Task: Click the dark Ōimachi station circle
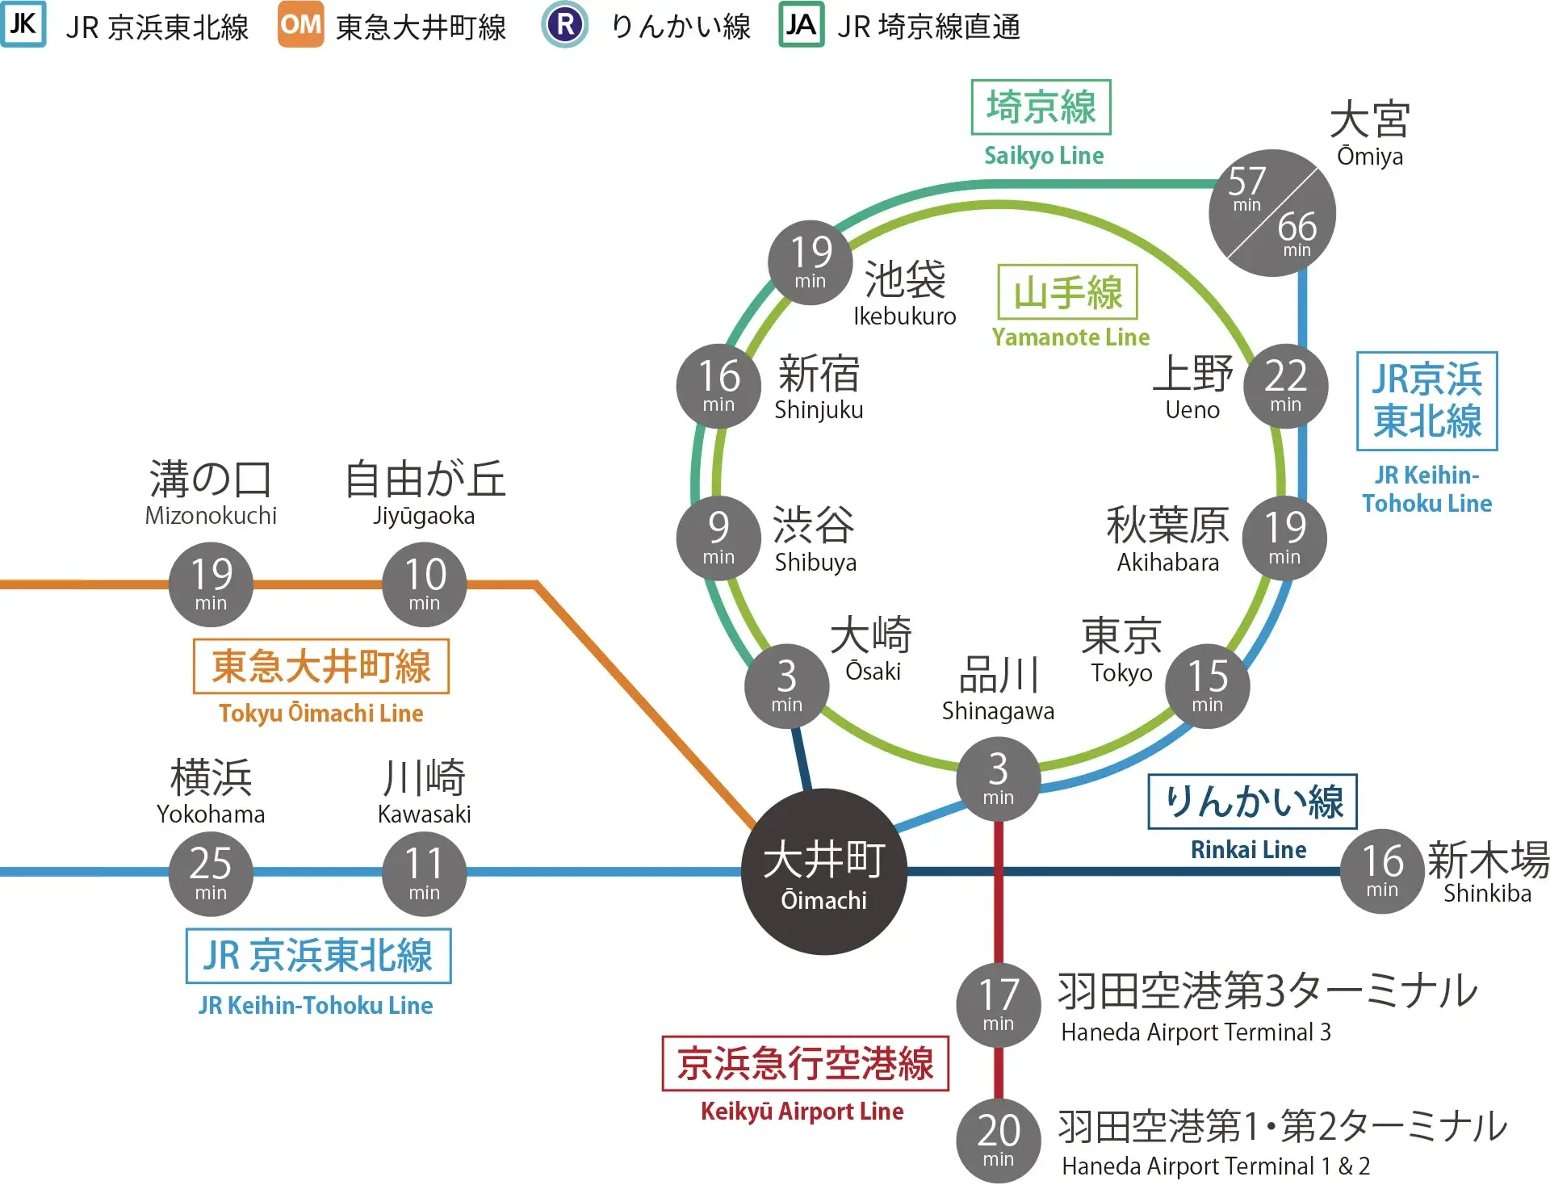tap(823, 872)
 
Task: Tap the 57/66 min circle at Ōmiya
tap(1271, 213)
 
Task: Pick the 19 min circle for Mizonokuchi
tap(211, 584)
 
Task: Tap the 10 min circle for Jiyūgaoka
tap(424, 584)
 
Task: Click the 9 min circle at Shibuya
tap(718, 538)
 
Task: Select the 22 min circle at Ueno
tap(1285, 386)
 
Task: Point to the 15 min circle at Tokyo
tap(1207, 686)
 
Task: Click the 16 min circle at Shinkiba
tap(1382, 872)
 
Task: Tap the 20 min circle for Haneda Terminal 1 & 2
tap(999, 1141)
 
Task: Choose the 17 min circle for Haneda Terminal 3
tap(999, 1005)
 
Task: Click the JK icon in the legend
tap(23, 25)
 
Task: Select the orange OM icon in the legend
tap(300, 25)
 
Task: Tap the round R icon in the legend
tap(565, 25)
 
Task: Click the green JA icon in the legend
tap(801, 25)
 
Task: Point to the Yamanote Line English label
tap(1070, 337)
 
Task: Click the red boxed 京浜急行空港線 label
tap(805, 1063)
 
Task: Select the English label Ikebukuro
tap(904, 316)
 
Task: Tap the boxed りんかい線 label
tap(1252, 802)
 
